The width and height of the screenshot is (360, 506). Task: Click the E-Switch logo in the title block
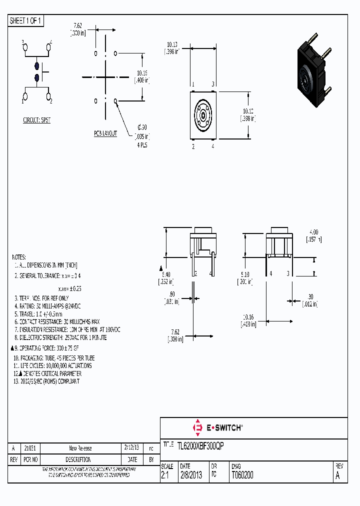(217, 427)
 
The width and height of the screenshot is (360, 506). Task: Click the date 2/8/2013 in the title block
(190, 475)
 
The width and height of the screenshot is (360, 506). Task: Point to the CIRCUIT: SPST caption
(36, 120)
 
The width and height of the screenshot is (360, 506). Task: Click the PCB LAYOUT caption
(105, 133)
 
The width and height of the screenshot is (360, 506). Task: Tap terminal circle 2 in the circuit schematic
(49, 95)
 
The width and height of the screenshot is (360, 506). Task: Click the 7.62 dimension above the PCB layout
(77, 25)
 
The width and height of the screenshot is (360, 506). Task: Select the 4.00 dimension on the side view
(313, 232)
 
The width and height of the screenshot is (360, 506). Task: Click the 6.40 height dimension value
(166, 274)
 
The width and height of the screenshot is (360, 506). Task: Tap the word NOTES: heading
(18, 256)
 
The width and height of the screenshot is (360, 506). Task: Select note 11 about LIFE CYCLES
(52, 365)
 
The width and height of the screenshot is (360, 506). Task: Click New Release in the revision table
(80, 448)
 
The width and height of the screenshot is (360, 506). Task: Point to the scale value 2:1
(166, 475)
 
